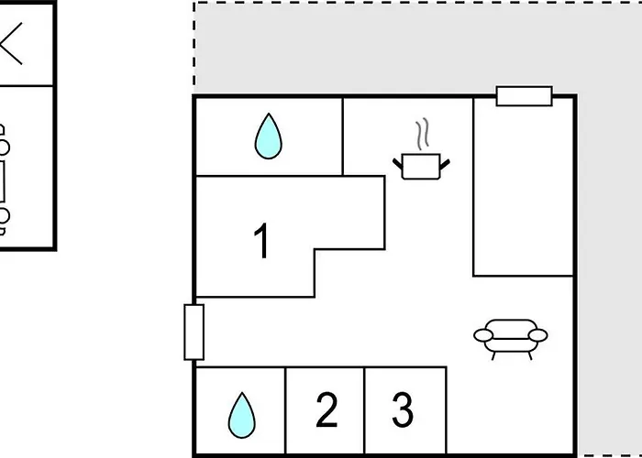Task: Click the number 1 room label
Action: coord(261,240)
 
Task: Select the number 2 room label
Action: coord(327,409)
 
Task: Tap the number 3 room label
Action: coord(403,409)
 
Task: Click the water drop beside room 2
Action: coord(241,415)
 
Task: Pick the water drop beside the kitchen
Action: coord(268,136)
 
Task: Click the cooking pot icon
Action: coord(421,166)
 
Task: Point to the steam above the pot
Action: coord(423,134)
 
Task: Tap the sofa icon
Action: coord(511,339)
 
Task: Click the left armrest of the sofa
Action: coord(483,335)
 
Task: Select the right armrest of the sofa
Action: coord(537,335)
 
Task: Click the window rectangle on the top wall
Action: coord(524,96)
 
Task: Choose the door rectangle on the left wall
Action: coord(194,332)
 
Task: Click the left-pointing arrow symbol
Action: coord(11,43)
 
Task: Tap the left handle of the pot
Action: coord(397,164)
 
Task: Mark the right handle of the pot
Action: coord(445,164)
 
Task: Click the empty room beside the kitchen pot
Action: coord(524,187)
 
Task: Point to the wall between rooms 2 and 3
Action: coord(364,410)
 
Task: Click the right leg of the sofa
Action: coord(530,355)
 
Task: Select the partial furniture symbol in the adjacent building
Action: coord(4,180)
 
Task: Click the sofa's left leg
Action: coord(493,355)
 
